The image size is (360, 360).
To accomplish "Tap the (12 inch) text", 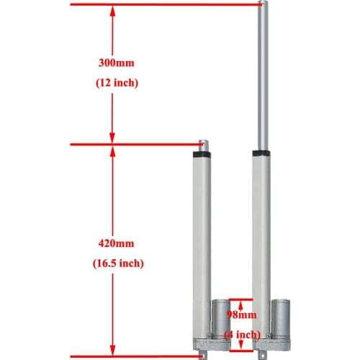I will click(x=116, y=83).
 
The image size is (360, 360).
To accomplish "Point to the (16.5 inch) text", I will click(x=116, y=264).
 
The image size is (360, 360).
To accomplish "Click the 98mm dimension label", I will click(x=241, y=315).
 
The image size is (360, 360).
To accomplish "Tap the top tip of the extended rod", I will click(x=262, y=4).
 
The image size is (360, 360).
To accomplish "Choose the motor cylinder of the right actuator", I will click(x=279, y=317).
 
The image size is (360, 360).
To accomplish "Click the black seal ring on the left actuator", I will click(x=202, y=153).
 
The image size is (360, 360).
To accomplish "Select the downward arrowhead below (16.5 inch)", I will click(x=114, y=348).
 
